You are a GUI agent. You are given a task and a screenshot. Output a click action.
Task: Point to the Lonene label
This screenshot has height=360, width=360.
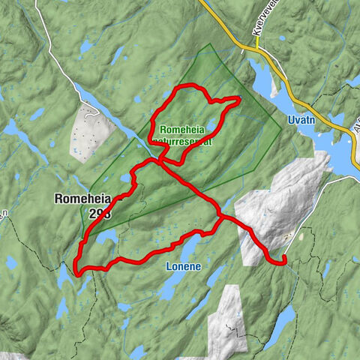(181, 265)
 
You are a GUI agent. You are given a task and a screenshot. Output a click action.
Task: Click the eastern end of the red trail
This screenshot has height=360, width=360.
(286, 259)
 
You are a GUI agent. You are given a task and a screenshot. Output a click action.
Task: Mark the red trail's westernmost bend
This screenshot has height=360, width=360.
(76, 264)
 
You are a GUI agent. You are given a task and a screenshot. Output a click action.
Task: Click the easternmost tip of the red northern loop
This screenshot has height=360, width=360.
(239, 99)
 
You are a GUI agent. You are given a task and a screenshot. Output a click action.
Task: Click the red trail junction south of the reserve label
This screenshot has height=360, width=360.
(159, 158)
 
